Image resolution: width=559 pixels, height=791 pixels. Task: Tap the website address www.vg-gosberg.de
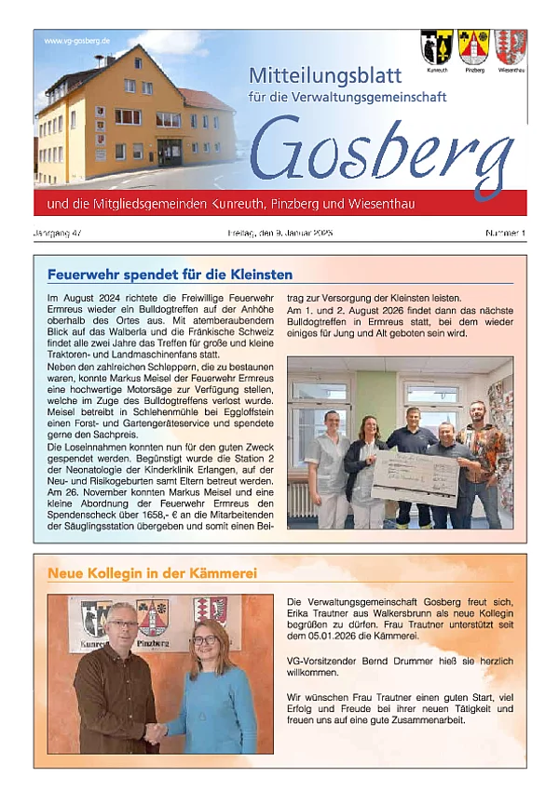click(x=77, y=42)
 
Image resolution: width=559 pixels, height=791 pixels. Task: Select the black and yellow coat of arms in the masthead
click(x=436, y=47)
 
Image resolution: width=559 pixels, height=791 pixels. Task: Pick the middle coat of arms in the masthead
click(x=473, y=47)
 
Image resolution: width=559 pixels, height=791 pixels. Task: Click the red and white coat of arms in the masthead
click(x=511, y=47)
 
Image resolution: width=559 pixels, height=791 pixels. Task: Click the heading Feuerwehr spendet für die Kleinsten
click(x=170, y=275)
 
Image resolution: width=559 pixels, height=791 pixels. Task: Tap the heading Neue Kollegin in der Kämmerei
click(x=152, y=573)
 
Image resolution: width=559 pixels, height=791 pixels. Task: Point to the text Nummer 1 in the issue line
click(x=506, y=232)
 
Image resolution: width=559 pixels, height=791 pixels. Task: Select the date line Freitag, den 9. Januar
click(x=279, y=232)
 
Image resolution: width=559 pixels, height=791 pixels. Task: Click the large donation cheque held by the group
click(x=416, y=476)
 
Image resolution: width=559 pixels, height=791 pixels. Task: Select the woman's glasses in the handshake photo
click(x=204, y=640)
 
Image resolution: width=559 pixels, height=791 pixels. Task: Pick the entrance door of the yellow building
click(x=170, y=152)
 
